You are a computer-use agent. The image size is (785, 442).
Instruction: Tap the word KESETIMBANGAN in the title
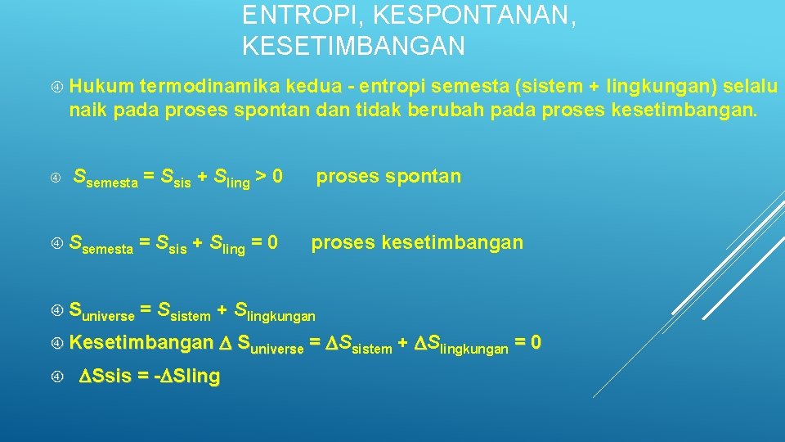[x=353, y=46]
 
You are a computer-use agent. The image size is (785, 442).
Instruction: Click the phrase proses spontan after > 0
[x=388, y=176]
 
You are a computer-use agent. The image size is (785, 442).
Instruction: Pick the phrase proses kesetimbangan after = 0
[x=417, y=243]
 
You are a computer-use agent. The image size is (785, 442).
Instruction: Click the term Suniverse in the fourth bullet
[x=102, y=311]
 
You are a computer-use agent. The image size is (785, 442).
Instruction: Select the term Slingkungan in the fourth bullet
[x=275, y=311]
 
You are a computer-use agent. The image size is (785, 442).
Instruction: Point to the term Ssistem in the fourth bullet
[x=184, y=311]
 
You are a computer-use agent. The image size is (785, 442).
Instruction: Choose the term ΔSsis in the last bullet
[x=104, y=377]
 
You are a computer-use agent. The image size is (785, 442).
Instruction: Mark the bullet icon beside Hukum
[x=57, y=87]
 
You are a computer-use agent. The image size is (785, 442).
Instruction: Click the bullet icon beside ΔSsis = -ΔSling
[x=57, y=377]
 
